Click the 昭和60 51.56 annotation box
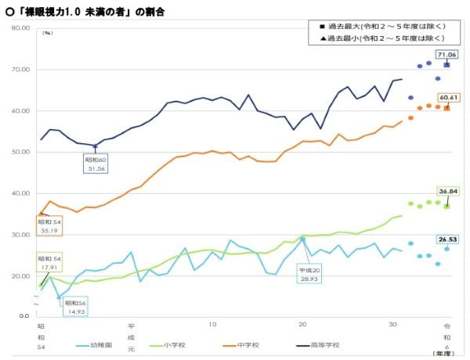pyautogui.click(x=96, y=164)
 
